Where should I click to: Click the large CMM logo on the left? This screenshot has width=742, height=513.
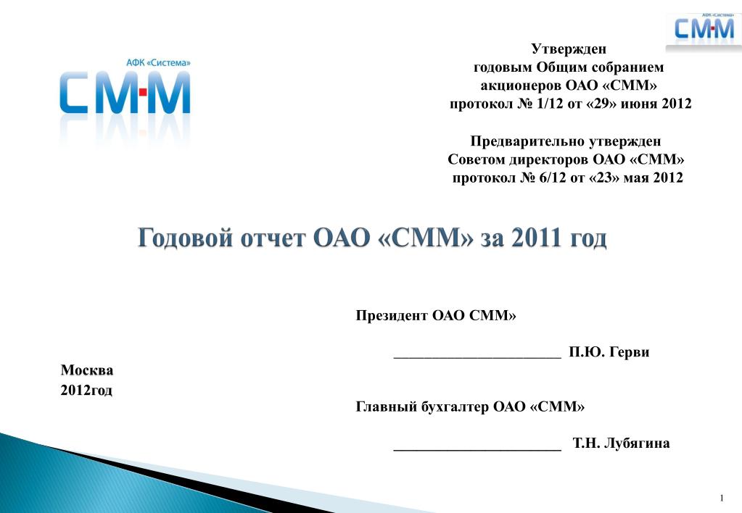tap(125, 93)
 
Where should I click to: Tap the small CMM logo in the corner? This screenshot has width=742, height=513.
tap(704, 29)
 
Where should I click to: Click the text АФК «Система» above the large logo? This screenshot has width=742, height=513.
tap(159, 63)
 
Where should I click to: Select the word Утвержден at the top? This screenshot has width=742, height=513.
tap(569, 49)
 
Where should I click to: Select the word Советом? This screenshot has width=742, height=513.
tap(477, 159)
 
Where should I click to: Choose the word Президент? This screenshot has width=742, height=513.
tap(392, 315)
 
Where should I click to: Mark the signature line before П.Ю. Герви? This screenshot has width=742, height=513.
tap(477, 358)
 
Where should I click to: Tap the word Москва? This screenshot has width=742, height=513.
tap(87, 370)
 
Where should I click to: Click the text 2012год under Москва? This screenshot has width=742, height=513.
tap(86, 391)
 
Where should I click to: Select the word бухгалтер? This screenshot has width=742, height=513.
tap(455, 406)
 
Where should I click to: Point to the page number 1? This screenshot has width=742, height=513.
tap(722, 498)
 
